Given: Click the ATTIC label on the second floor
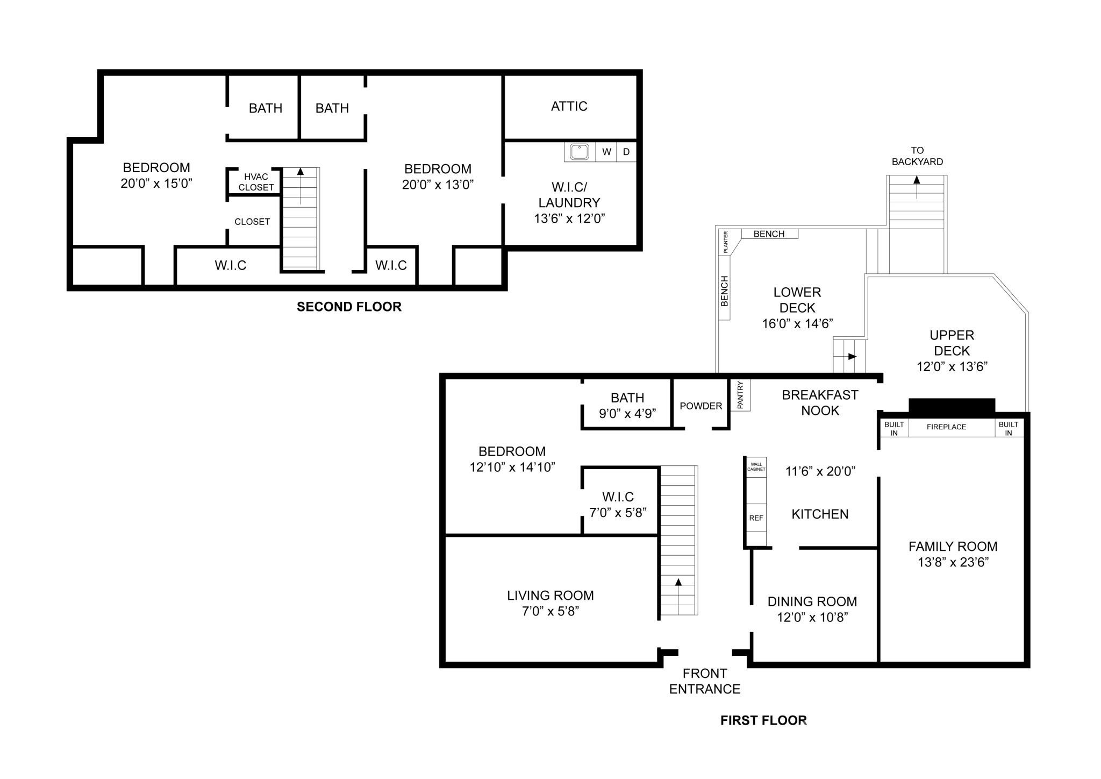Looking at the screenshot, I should coord(569,106).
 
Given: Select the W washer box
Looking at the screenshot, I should coord(606,152).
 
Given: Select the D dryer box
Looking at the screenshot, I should coord(626,152).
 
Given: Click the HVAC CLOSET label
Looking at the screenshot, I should coord(256,182).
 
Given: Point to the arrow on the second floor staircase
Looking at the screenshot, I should coord(300,172).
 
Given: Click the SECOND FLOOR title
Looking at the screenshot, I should coord(349,307).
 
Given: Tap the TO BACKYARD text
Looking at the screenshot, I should coord(917,156).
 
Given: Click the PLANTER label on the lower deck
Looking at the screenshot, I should coord(725,242).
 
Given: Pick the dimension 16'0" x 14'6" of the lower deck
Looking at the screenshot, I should coord(797,324).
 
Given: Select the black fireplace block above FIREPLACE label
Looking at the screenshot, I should coord(952,407).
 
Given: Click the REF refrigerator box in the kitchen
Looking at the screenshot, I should coord(756,518).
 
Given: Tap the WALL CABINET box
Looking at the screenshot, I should coord(756,466).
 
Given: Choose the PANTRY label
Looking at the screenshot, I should coord(740,395).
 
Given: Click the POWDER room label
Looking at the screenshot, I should coord(700,406).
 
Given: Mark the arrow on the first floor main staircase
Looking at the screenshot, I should coord(678,582).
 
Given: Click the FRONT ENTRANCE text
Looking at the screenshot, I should coord(704,681).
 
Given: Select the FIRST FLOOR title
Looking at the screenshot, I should coord(763,720).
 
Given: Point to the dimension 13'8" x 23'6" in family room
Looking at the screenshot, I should coord(953,563).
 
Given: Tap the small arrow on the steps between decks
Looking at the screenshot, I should coord(852,356).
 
